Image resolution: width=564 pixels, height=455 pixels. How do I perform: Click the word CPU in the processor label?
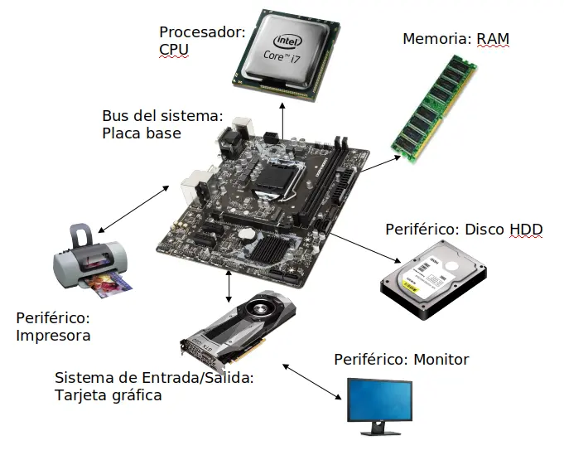click(174, 50)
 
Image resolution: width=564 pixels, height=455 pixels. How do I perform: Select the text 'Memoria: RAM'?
click(456, 38)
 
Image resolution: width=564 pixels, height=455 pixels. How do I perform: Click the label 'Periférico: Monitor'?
click(401, 359)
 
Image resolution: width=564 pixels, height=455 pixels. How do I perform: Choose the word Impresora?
click(53, 336)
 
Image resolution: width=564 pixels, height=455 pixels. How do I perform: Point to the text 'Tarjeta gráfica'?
click(108, 395)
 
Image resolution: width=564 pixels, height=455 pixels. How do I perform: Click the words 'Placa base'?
click(141, 133)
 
